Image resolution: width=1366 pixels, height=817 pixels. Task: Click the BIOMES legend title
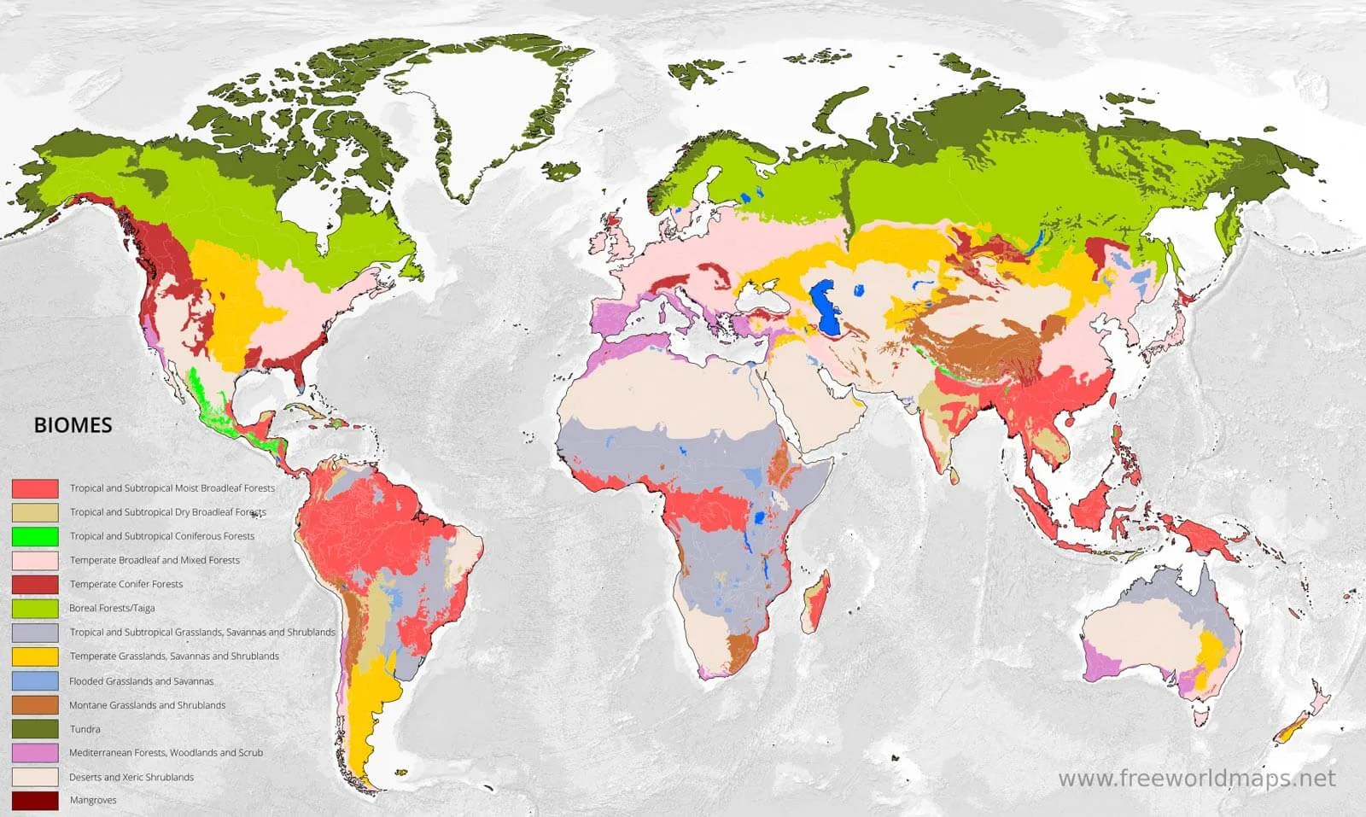point(73,425)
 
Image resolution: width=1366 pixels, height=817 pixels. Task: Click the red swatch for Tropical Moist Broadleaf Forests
point(35,488)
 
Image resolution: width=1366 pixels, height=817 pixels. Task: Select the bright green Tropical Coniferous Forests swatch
point(35,536)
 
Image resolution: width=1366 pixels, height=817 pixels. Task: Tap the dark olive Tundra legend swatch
point(35,729)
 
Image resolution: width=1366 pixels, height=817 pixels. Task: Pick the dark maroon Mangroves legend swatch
point(35,801)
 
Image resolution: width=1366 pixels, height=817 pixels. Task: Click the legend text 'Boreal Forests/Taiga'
point(112,608)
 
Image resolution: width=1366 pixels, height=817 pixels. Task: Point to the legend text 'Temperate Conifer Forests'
point(126,584)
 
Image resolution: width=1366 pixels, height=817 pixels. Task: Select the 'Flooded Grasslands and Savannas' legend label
point(142,681)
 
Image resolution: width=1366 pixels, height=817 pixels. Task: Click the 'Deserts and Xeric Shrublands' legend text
point(131,777)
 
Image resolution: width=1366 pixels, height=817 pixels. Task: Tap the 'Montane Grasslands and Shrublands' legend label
point(148,705)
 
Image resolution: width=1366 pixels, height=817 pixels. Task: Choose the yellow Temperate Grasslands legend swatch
point(35,657)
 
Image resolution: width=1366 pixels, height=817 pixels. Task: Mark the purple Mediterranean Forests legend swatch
point(35,753)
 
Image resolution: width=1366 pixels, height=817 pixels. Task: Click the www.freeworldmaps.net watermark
point(1196,779)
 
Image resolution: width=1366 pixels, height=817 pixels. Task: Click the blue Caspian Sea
point(825,307)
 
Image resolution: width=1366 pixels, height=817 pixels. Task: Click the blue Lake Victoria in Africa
point(759,517)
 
